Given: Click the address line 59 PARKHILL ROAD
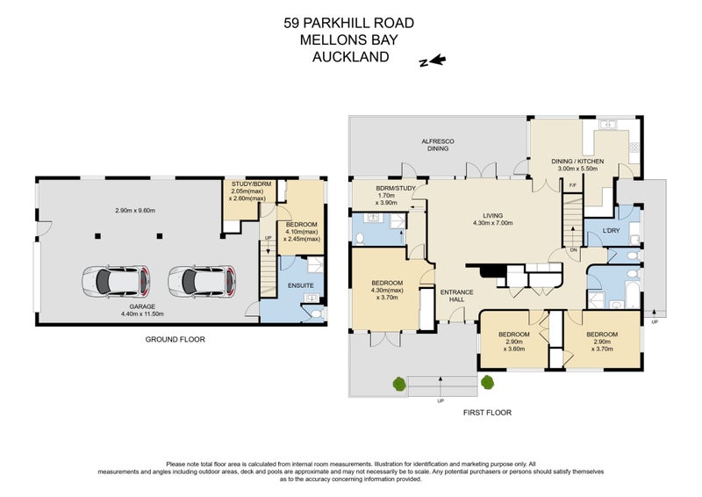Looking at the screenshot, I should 350,23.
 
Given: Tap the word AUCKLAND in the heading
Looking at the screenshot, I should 350,58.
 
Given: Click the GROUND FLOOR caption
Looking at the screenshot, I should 175,338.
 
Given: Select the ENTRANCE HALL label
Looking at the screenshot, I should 456,296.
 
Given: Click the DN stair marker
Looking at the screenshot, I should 574,250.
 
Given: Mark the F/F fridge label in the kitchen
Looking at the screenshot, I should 573,185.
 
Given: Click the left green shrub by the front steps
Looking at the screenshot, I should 400,383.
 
